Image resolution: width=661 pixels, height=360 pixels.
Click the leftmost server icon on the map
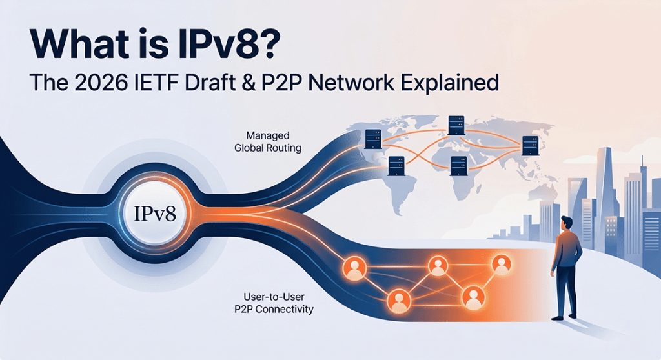pyautogui.click(x=372, y=137)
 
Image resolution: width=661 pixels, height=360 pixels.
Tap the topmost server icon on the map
pyautogui.click(x=456, y=124)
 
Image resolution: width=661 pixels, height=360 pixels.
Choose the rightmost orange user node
pyautogui.click(x=500, y=263)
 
